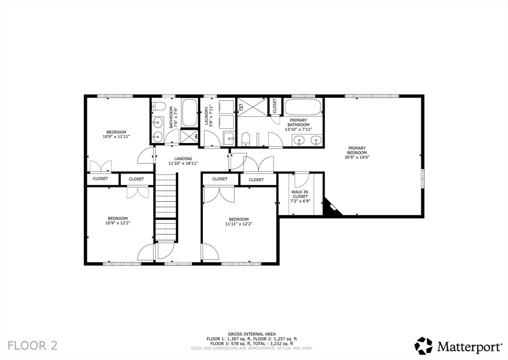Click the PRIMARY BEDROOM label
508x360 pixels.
[x=357, y=150]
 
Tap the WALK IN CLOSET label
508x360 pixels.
[x=300, y=194]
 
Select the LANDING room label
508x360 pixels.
[x=176, y=158]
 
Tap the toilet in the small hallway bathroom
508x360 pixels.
[x=157, y=105]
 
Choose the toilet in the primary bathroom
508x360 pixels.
[x=246, y=139]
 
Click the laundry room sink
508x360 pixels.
[x=229, y=138]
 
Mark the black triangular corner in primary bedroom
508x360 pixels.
[x=329, y=208]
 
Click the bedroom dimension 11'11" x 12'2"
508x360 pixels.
[x=239, y=223]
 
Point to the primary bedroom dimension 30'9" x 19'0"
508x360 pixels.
[x=357, y=157]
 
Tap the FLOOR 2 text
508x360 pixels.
[x=33, y=345]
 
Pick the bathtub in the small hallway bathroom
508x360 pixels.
[x=190, y=113]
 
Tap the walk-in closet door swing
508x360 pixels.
[x=301, y=180]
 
